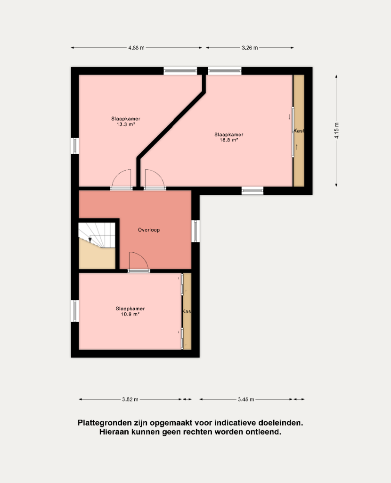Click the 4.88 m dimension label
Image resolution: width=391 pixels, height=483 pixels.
pyautogui.click(x=136, y=48)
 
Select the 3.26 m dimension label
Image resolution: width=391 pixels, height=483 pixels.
pyautogui.click(x=250, y=48)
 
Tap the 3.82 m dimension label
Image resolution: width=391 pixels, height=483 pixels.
pyautogui.click(x=130, y=399)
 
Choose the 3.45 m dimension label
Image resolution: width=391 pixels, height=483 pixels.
pyautogui.click(x=246, y=399)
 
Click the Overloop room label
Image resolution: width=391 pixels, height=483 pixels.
pyautogui.click(x=149, y=230)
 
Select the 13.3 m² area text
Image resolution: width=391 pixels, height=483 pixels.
pyautogui.click(x=126, y=125)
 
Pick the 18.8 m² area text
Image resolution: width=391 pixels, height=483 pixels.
pyautogui.click(x=229, y=140)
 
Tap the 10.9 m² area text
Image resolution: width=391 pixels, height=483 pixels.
pyautogui.click(x=130, y=314)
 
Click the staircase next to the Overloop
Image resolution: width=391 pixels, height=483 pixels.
pyautogui.click(x=97, y=245)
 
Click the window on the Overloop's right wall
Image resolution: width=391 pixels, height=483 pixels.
pyautogui.click(x=195, y=231)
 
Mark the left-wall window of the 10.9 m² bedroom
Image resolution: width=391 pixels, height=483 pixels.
pyautogui.click(x=75, y=311)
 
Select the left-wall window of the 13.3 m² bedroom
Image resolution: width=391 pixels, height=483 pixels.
pyautogui.click(x=75, y=146)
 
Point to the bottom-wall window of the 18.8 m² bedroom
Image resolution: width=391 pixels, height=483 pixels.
pyautogui.click(x=253, y=191)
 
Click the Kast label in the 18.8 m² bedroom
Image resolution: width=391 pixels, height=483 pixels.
pyautogui.click(x=299, y=131)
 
